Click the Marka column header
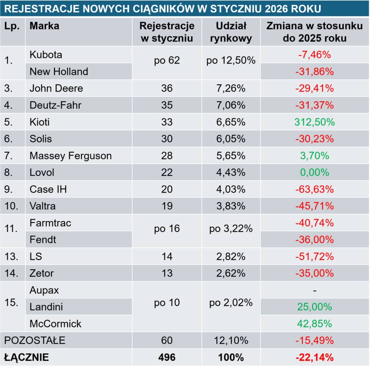point(44,26)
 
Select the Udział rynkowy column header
point(231,32)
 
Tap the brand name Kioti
point(39,122)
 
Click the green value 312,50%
point(314,122)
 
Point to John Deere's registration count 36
point(167,88)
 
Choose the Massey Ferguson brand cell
point(70,156)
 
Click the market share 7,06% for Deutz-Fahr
point(231,105)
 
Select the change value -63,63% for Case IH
point(314,189)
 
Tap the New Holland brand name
point(59,71)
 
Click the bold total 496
point(167,357)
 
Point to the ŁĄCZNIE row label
point(26,357)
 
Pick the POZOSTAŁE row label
point(35,340)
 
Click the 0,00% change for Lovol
point(314,172)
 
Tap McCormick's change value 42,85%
point(314,323)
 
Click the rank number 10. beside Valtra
point(12,206)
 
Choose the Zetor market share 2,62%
point(231,273)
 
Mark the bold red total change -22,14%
point(314,357)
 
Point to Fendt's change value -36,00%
point(314,239)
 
